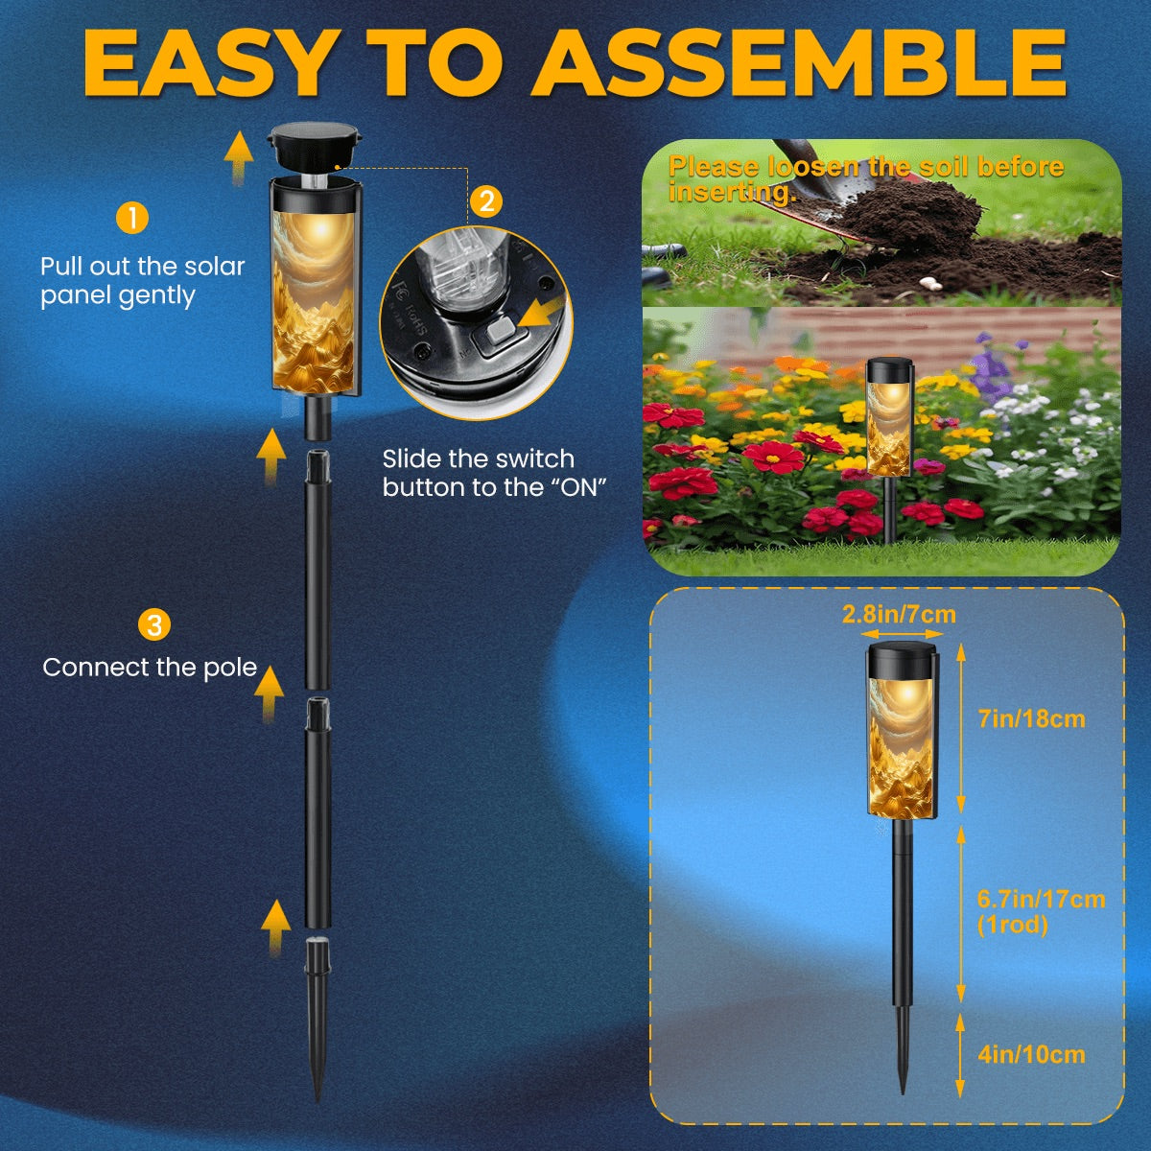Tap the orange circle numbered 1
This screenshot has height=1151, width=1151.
pos(132,218)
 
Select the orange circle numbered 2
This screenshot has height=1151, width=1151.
pos(487,201)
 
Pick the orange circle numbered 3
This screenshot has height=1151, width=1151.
pos(154,624)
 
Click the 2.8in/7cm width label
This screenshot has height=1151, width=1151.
pos(899,614)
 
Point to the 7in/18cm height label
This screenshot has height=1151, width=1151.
pos(1031,718)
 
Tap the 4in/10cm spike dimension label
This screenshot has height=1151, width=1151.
pos(1031,1054)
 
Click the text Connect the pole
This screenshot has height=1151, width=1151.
pos(150,668)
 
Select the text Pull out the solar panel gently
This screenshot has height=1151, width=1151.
pos(142,281)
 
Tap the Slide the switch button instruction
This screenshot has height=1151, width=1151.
pos(494,473)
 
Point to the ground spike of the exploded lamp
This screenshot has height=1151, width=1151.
pos(317,1021)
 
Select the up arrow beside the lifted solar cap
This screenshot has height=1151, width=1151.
pos(238,157)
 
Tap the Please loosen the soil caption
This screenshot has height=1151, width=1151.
pos(866,179)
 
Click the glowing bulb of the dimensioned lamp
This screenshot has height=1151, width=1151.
pos(906,693)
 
